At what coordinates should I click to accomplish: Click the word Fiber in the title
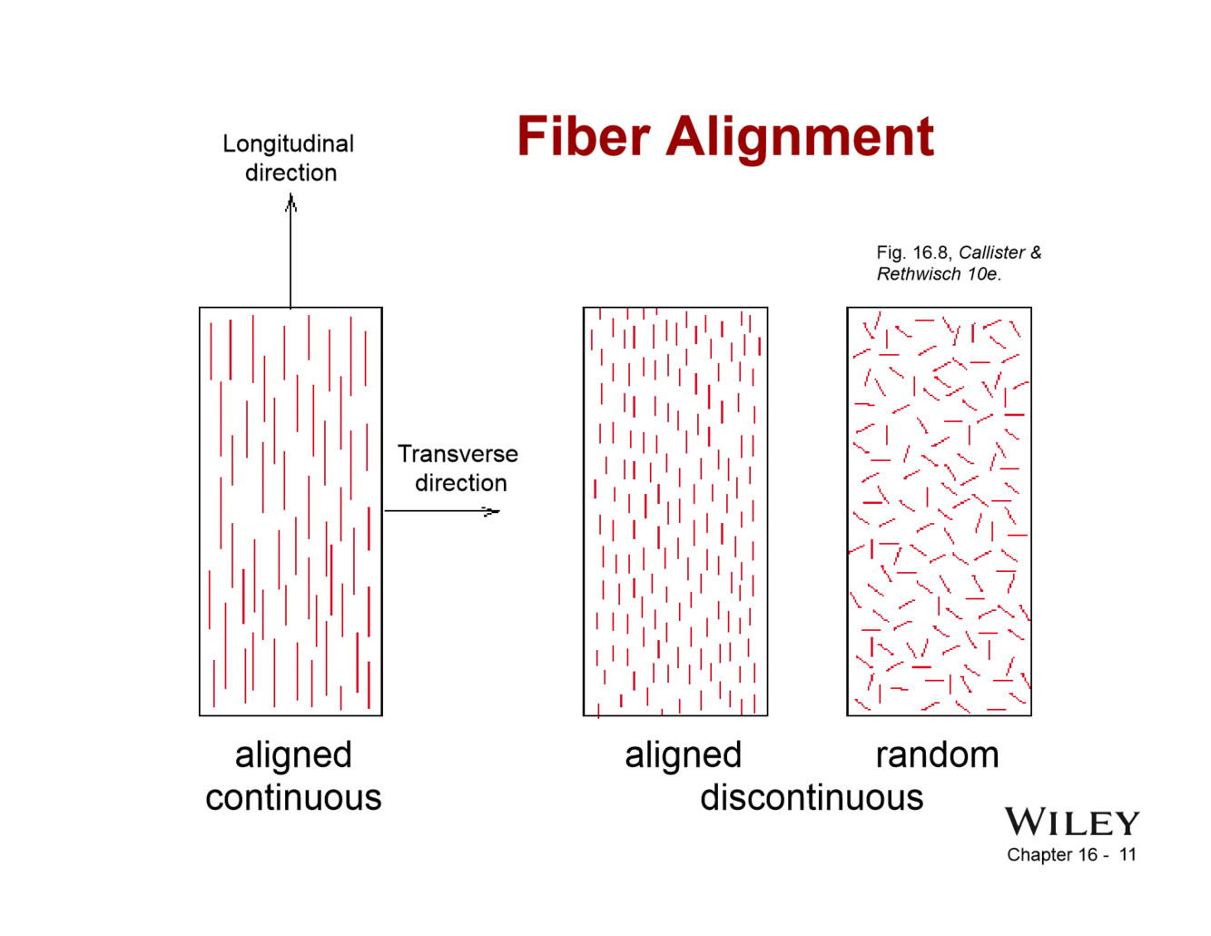point(583,138)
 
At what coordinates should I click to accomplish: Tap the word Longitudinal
point(288,144)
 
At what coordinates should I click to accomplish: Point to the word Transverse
point(458,454)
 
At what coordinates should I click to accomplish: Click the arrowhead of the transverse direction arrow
point(491,512)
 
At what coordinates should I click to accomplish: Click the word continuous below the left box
point(293,797)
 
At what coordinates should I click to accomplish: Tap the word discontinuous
point(812,797)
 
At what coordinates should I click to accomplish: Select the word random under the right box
point(937,754)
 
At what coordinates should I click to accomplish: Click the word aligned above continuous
point(293,754)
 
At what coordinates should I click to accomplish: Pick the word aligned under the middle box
point(683,754)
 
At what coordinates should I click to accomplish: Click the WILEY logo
point(1071,823)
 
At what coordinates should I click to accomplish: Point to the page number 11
point(1127,854)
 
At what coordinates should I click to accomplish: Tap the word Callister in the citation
point(991,252)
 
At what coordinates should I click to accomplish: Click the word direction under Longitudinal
point(290,172)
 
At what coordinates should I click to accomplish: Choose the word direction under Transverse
point(461,483)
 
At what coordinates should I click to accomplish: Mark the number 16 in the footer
point(1088,854)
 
